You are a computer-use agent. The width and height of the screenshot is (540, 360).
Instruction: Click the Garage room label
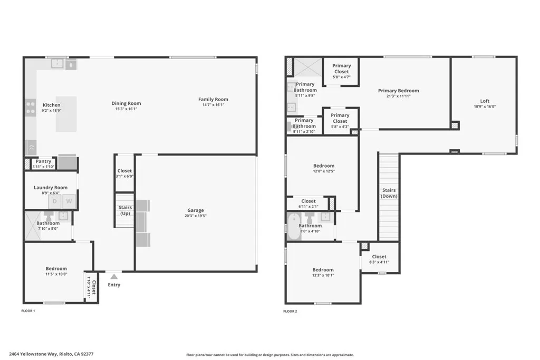click(195, 210)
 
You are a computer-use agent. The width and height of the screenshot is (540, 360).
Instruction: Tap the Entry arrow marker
click(114, 275)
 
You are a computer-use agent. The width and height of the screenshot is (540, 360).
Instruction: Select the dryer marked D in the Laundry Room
click(55, 201)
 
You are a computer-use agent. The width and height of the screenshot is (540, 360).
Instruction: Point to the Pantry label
click(43, 161)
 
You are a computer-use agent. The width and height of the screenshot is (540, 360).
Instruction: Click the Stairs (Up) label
click(125, 210)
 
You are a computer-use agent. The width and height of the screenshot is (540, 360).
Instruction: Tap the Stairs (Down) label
click(389, 193)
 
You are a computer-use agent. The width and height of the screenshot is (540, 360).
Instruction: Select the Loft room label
click(484, 101)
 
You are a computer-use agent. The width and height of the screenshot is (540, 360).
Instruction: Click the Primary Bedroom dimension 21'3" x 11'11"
click(398, 96)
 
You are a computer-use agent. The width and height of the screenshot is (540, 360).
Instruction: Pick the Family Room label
click(213, 99)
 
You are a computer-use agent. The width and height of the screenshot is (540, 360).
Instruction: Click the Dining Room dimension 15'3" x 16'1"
click(126, 109)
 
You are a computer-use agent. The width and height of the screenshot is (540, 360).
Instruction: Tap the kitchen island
click(66, 114)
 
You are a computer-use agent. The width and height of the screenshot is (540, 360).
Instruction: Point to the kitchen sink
click(57, 64)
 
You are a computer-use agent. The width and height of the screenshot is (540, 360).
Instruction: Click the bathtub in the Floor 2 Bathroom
click(294, 226)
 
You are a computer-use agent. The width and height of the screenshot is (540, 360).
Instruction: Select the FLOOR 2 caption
click(290, 312)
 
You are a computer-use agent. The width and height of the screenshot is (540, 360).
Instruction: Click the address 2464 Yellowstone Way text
click(51, 354)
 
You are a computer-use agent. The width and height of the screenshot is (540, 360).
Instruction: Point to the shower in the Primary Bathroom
click(307, 67)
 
